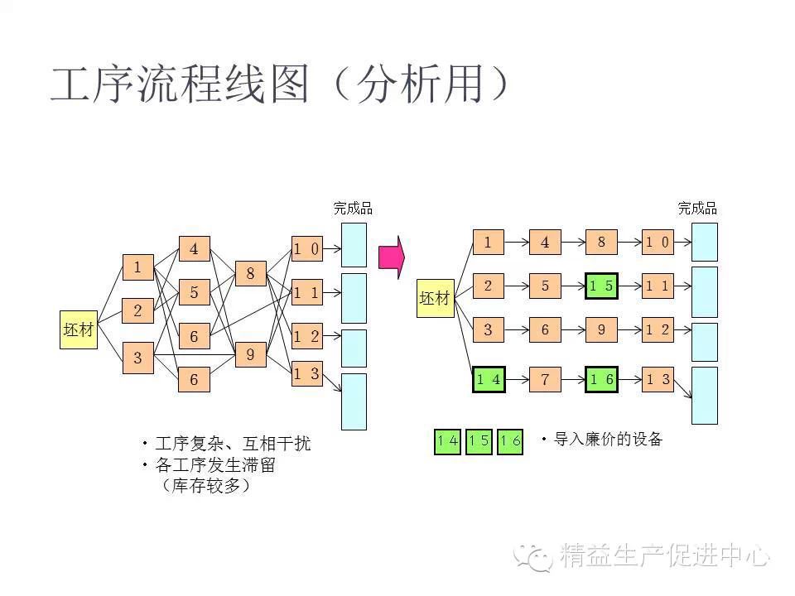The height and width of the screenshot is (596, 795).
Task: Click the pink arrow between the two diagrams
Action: (x=391, y=257)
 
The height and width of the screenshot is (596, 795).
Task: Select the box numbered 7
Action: (x=545, y=380)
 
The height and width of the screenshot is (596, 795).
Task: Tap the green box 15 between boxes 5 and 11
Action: (x=601, y=286)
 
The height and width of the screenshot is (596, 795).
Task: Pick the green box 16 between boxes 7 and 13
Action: (x=601, y=380)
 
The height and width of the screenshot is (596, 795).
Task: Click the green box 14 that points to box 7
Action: (x=489, y=380)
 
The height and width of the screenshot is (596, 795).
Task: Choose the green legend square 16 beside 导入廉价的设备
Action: (x=510, y=441)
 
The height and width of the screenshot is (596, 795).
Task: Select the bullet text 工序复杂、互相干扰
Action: (x=232, y=444)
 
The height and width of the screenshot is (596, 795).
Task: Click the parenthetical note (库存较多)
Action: (x=208, y=486)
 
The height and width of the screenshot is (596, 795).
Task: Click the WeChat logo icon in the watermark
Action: (x=532, y=555)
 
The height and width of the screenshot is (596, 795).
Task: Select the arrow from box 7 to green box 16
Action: (x=573, y=380)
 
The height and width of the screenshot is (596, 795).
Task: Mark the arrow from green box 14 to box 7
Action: (x=517, y=380)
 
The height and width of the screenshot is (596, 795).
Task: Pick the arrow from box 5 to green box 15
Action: (x=573, y=286)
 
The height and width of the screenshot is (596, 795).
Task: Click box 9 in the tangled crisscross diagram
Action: (x=250, y=355)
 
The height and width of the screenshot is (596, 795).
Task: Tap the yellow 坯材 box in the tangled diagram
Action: (x=79, y=330)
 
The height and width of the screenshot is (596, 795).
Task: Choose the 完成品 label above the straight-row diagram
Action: (x=697, y=209)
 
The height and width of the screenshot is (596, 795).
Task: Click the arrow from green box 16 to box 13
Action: (x=629, y=380)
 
